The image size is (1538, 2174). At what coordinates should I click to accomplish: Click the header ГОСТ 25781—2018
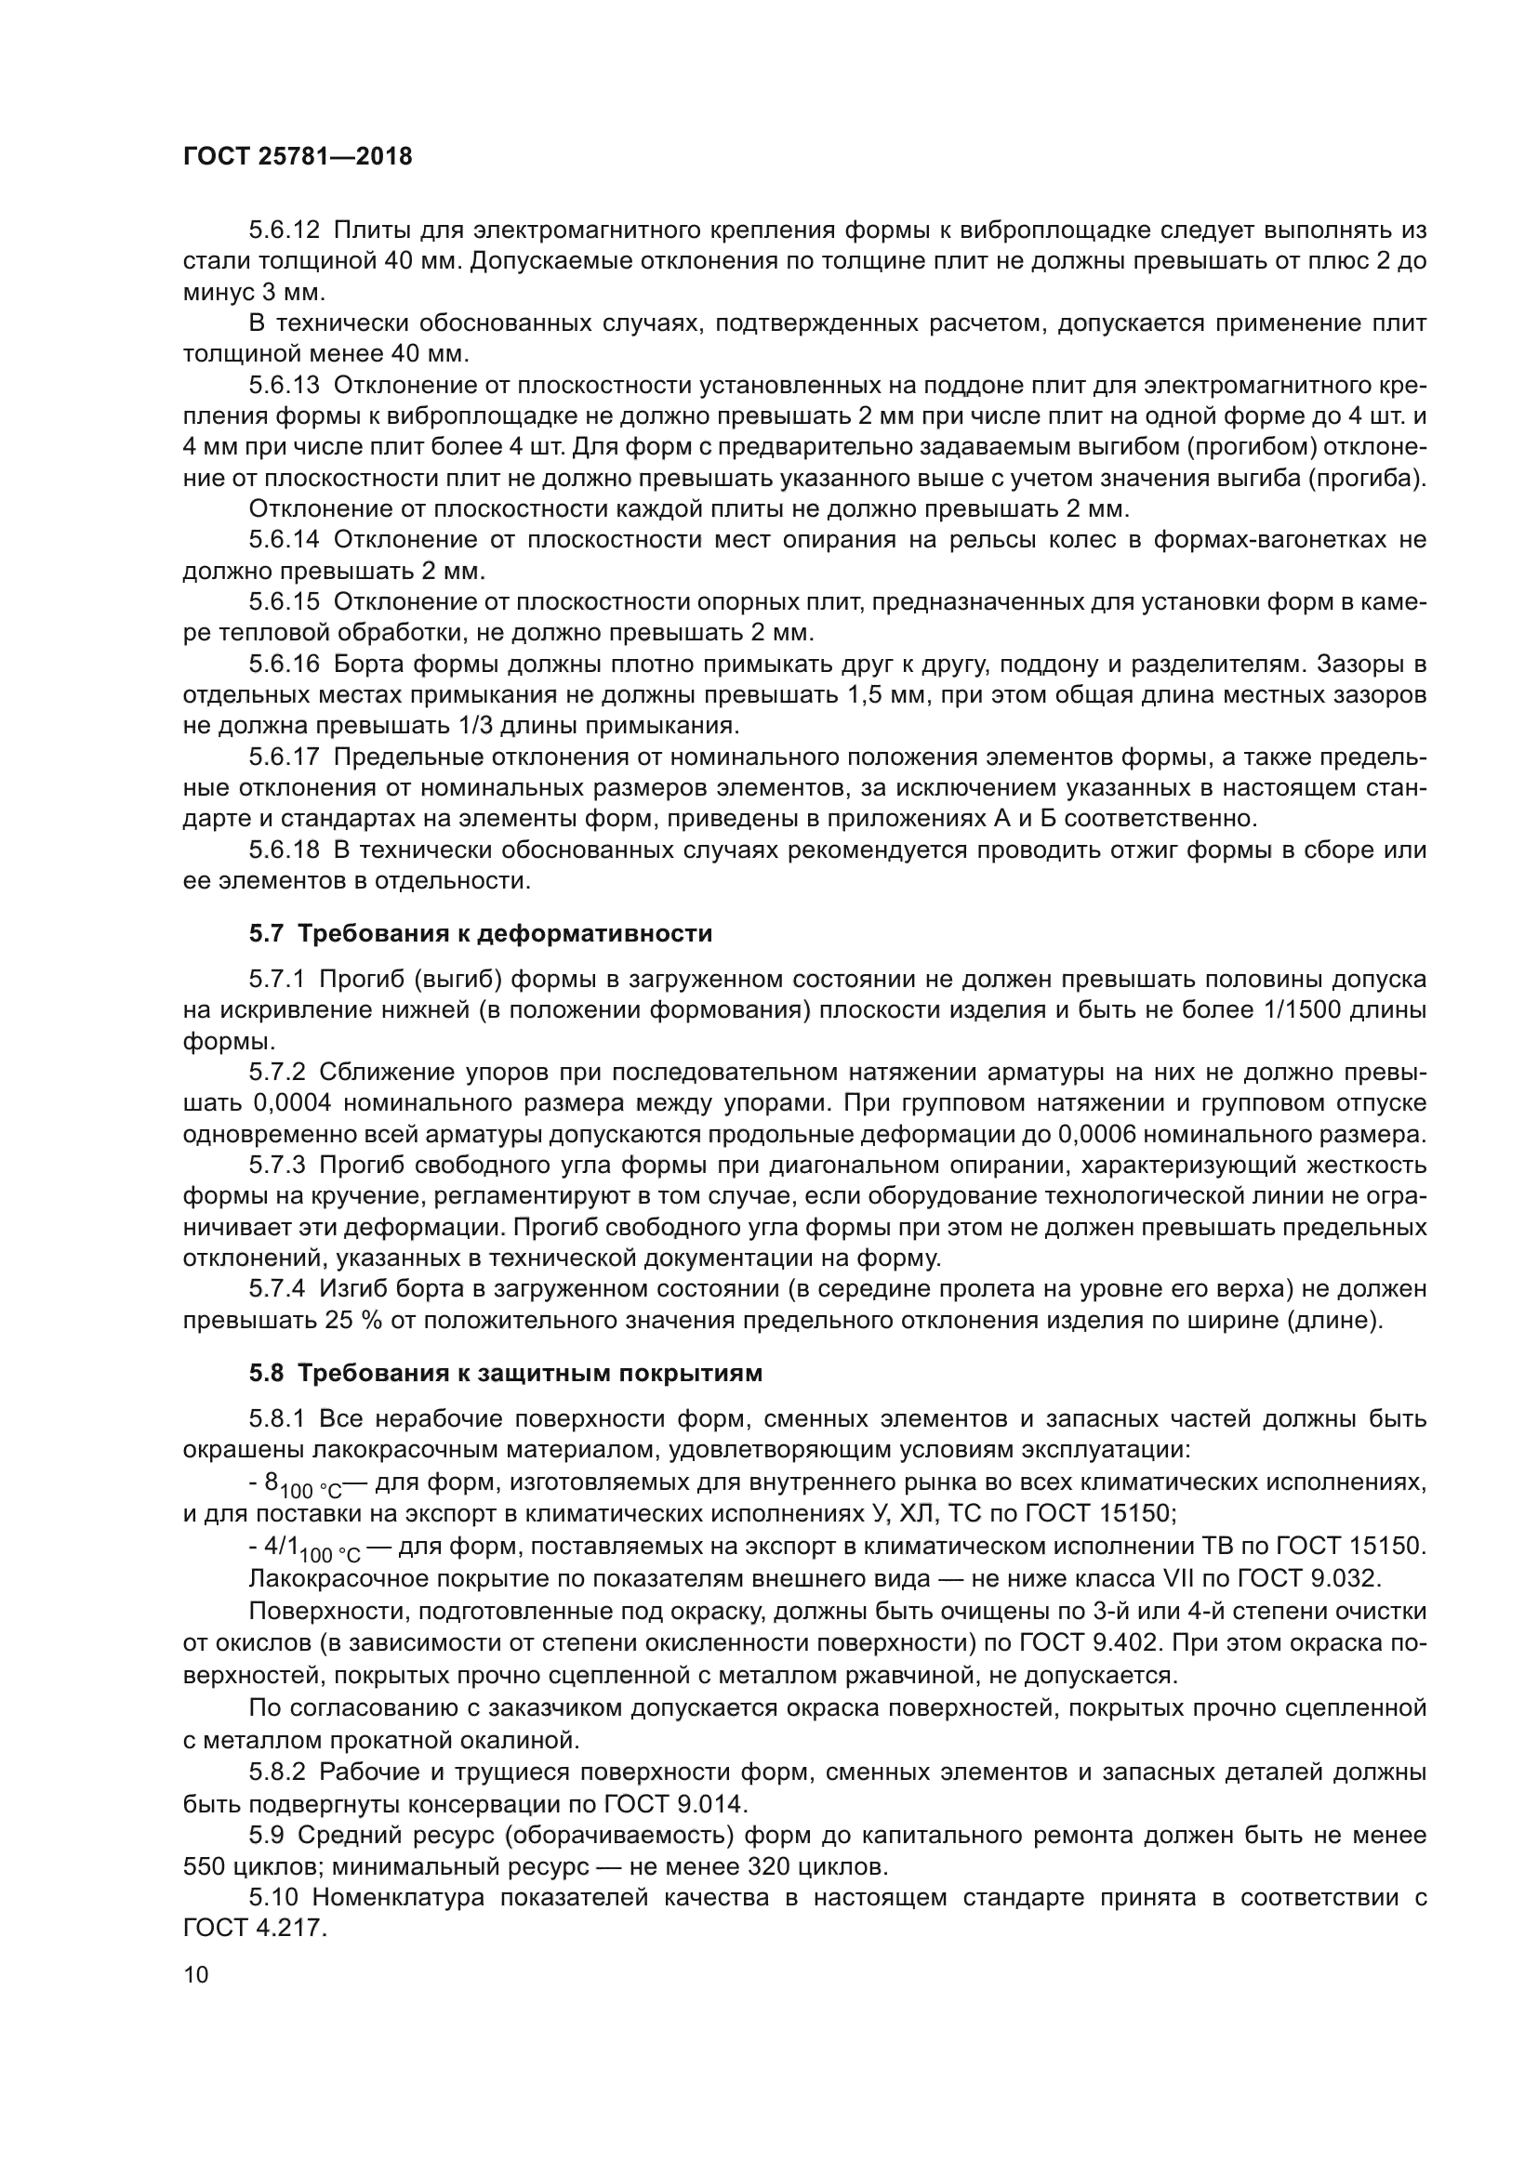(x=298, y=157)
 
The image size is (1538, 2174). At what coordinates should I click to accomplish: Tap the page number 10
(x=196, y=1975)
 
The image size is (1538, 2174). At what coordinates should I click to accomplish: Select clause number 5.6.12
(x=285, y=231)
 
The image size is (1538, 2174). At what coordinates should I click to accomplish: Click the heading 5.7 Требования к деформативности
(x=480, y=933)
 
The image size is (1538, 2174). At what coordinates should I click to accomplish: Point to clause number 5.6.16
(x=285, y=665)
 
